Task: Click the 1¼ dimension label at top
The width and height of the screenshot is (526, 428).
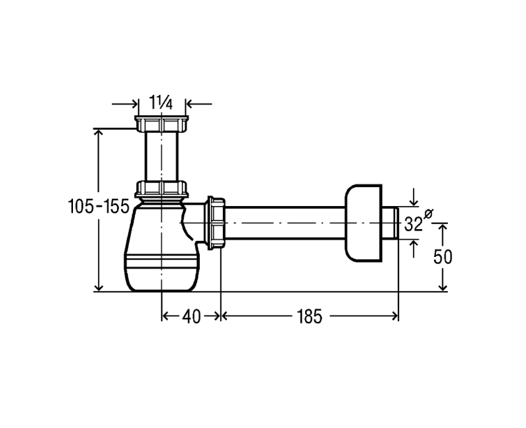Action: pos(161,102)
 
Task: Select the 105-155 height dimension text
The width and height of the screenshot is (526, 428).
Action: pos(99,206)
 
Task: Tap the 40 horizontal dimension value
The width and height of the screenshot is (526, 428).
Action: pos(191,317)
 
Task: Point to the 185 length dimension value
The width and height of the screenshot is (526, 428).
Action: pos(309,317)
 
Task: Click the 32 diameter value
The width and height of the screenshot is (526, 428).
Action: pos(414,224)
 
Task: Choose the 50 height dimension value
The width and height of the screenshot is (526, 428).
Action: pos(442,257)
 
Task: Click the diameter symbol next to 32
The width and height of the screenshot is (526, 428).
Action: pos(429,213)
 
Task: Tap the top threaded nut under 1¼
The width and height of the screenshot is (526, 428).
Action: pos(161,124)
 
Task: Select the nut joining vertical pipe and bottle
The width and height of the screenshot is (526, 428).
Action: pos(161,189)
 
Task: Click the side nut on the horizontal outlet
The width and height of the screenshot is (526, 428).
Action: pos(216,223)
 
